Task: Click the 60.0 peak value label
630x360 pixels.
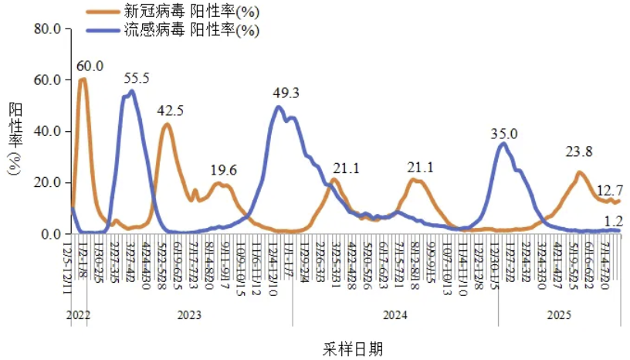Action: [x=90, y=66]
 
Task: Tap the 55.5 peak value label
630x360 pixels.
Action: [x=136, y=78]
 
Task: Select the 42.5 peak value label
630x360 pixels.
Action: [x=170, y=110]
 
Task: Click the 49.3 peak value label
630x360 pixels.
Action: [x=286, y=93]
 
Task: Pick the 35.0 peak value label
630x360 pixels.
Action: [x=504, y=134]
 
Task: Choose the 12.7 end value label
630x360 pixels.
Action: [x=609, y=189]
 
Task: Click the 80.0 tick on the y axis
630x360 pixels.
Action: [x=47, y=29]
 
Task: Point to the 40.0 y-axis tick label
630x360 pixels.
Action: [x=47, y=131]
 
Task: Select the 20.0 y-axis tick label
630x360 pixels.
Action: [x=47, y=182]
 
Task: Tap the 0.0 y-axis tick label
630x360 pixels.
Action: [x=51, y=233]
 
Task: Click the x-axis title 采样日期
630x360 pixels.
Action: [x=352, y=348]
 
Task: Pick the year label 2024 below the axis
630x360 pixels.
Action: [x=395, y=315]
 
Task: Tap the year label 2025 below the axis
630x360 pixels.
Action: [x=559, y=315]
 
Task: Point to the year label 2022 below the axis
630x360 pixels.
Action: [x=78, y=315]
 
